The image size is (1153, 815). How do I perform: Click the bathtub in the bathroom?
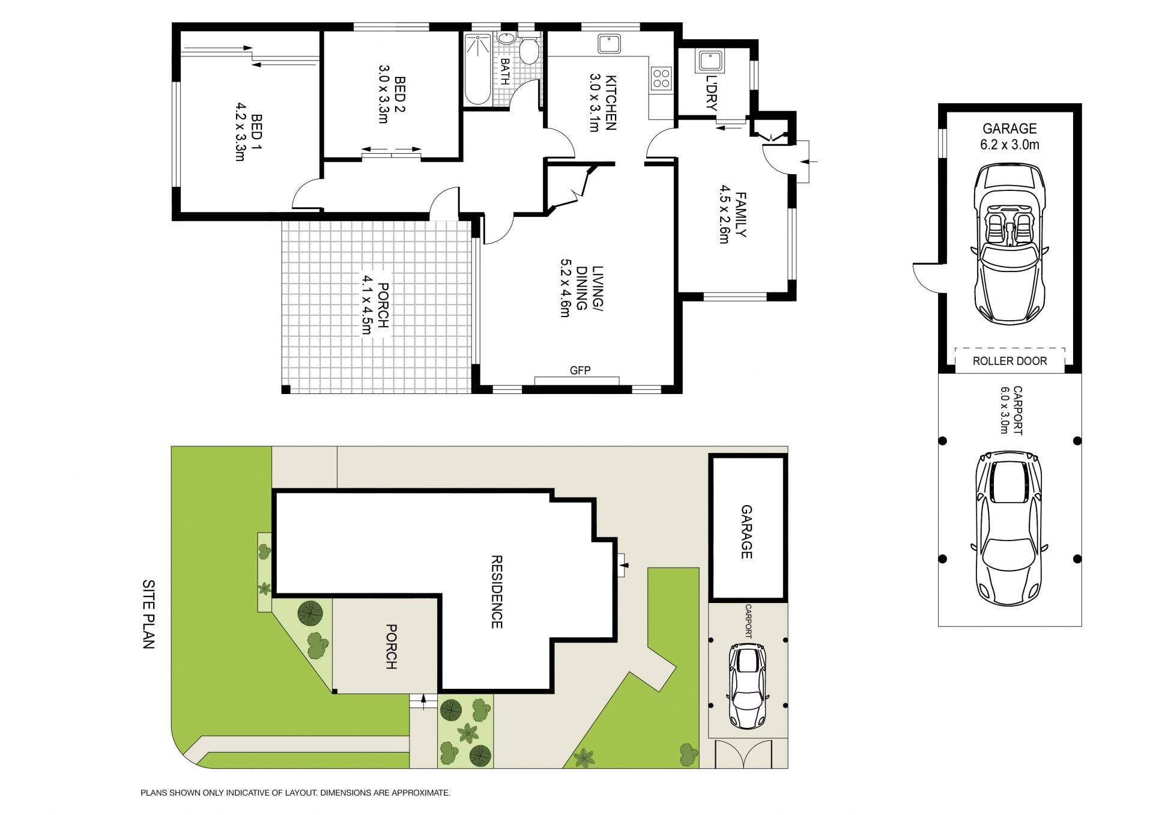click(478, 69)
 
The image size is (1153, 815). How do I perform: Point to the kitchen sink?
click(609, 44)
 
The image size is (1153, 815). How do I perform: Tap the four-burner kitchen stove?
click(661, 78)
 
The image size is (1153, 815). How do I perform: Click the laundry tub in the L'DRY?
click(710, 61)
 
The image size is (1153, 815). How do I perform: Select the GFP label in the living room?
click(580, 371)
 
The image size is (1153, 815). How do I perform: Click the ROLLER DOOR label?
click(1009, 361)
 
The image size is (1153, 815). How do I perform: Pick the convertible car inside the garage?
click(1009, 243)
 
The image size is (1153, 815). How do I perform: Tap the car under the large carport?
click(1009, 529)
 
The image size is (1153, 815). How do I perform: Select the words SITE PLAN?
click(148, 614)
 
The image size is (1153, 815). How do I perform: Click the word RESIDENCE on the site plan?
click(497, 592)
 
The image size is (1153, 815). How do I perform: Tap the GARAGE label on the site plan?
click(746, 532)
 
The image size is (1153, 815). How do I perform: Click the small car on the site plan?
click(748, 686)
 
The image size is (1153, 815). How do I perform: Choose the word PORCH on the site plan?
click(391, 647)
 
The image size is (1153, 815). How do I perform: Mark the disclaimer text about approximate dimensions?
click(295, 793)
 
